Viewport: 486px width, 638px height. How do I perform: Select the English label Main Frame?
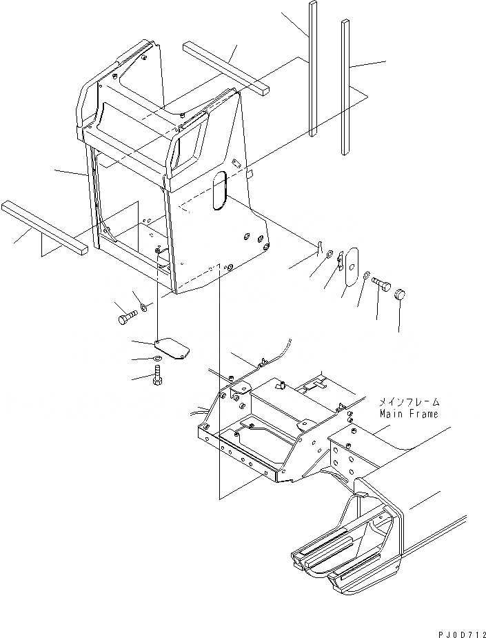click(408, 414)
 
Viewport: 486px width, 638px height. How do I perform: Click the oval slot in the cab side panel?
click(219, 190)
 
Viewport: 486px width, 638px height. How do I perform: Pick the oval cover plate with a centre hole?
click(353, 265)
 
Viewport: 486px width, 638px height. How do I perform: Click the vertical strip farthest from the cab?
click(346, 86)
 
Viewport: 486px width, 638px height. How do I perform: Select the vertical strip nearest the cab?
click(313, 69)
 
